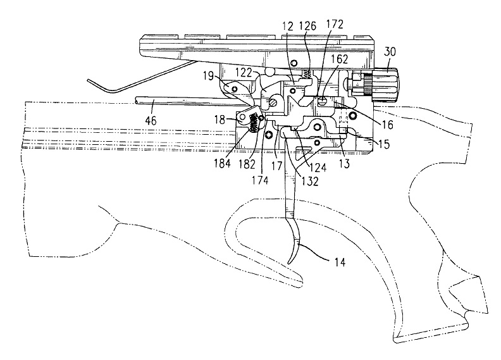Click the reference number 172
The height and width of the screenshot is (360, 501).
click(x=335, y=25)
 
